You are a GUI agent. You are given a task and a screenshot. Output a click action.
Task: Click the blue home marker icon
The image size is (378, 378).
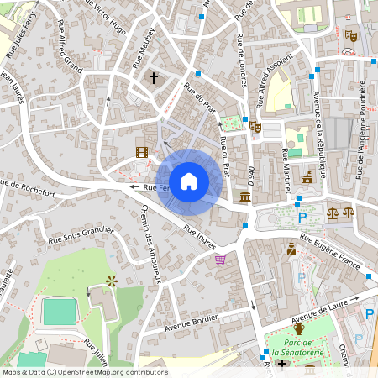click(x=189, y=181)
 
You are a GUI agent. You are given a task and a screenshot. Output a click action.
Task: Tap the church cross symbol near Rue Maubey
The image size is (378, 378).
click(x=153, y=77)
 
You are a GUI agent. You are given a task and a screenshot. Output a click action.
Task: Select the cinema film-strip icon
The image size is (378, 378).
click(x=141, y=152)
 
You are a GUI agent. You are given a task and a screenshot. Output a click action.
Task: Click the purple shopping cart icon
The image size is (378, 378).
click(x=220, y=259)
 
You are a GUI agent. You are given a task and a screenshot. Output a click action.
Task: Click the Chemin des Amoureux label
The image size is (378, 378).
click(x=150, y=244)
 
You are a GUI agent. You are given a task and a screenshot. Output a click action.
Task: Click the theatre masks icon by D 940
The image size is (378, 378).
click(x=255, y=127)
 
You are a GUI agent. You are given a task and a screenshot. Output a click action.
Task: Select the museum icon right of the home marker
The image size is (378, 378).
click(x=244, y=197)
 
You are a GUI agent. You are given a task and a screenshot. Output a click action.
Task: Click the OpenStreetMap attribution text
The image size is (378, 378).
click(x=85, y=372)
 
